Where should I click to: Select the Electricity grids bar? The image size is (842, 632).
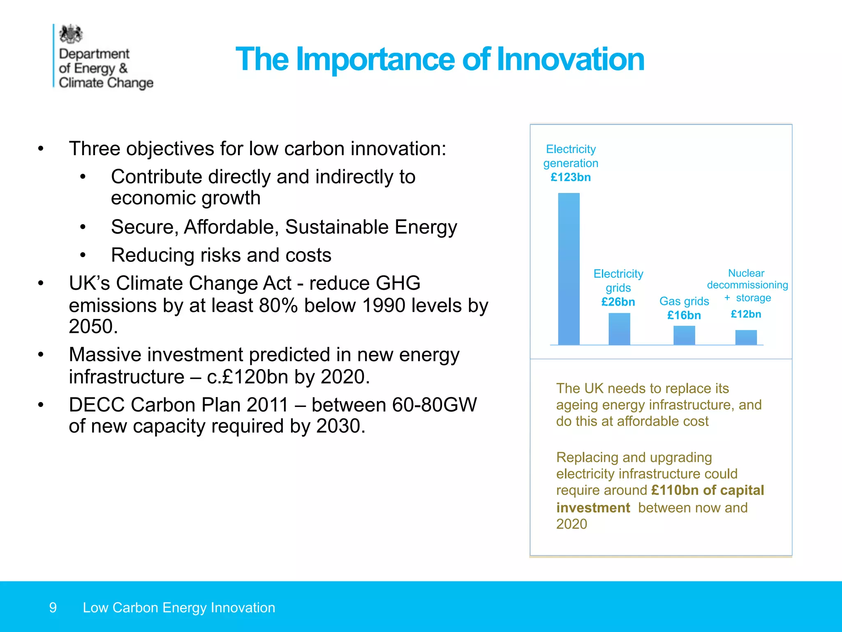619,329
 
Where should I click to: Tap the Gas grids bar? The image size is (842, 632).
684,335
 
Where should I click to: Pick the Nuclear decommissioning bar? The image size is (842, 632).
746,337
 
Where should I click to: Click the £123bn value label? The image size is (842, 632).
571,177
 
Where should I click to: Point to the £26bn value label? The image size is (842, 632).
618,302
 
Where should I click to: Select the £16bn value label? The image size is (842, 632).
684,316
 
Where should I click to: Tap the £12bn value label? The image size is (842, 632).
746,314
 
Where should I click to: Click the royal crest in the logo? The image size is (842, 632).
71,34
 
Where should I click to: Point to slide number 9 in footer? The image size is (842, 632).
53,608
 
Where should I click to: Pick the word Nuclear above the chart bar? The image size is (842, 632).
746,273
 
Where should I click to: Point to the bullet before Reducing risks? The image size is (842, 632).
83,256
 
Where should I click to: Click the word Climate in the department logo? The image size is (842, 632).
81,83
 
